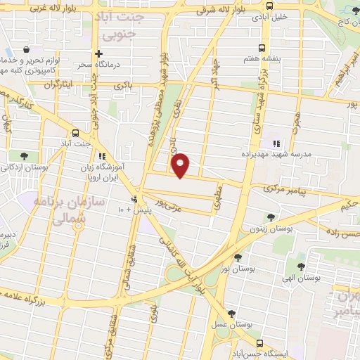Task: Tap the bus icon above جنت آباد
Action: click(x=75, y=133)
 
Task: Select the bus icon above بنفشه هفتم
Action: click(x=262, y=49)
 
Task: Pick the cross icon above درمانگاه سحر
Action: click(x=98, y=53)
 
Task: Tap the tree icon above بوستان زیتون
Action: click(x=270, y=217)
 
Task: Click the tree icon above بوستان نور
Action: click(x=238, y=257)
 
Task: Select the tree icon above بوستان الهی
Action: click(x=301, y=266)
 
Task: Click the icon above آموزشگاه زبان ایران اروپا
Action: click(x=103, y=156)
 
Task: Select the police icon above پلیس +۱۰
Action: click(x=134, y=199)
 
